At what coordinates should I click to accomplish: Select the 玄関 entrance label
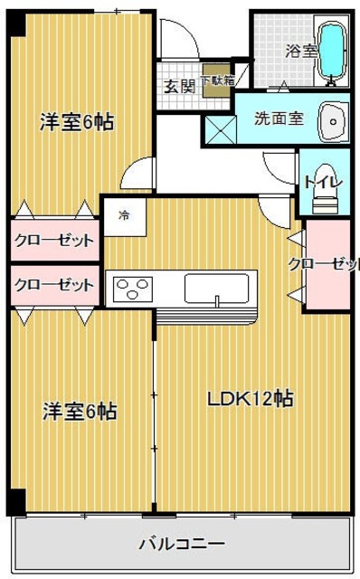[x=179, y=87]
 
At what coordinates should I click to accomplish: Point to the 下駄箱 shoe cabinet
[x=216, y=81]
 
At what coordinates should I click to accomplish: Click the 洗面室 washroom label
[x=271, y=118]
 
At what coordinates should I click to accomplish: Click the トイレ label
[x=322, y=182]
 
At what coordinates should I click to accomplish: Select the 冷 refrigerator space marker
[x=123, y=217]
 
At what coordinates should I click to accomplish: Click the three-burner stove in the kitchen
[x=133, y=289]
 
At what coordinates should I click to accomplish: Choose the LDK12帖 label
[x=250, y=399]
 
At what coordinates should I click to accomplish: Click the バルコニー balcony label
[x=181, y=545]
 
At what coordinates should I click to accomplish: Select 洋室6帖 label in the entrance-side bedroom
[x=77, y=123]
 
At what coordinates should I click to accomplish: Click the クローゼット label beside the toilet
[x=324, y=264]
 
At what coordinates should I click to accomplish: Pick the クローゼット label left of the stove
[x=54, y=285]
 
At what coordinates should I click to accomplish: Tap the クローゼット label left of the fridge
[x=54, y=241]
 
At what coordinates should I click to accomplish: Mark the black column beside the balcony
[x=15, y=500]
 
